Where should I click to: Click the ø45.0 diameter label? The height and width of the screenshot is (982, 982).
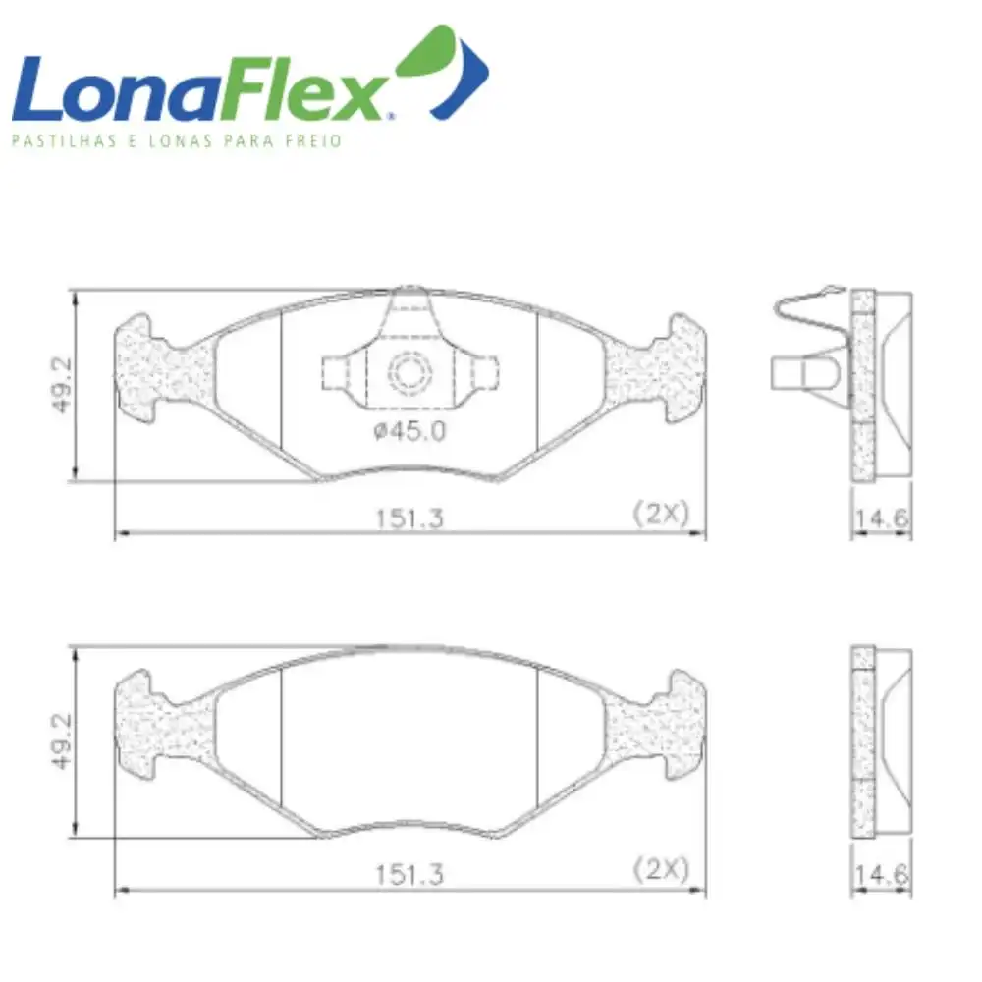pos(409,431)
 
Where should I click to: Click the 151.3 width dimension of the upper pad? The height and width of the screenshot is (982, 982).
pos(409,518)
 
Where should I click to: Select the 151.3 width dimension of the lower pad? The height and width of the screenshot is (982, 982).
pos(409,875)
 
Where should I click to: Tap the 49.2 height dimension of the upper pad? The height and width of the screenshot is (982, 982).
pos(62,385)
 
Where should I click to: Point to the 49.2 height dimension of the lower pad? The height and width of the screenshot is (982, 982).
pos(62,741)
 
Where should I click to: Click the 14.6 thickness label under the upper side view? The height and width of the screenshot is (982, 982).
pos(882,518)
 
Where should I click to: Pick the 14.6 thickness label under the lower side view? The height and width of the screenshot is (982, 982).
pos(882,874)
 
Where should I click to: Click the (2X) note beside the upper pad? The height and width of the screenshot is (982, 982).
pos(661,514)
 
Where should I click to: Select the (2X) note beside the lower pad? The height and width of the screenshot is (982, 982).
pos(661,869)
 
